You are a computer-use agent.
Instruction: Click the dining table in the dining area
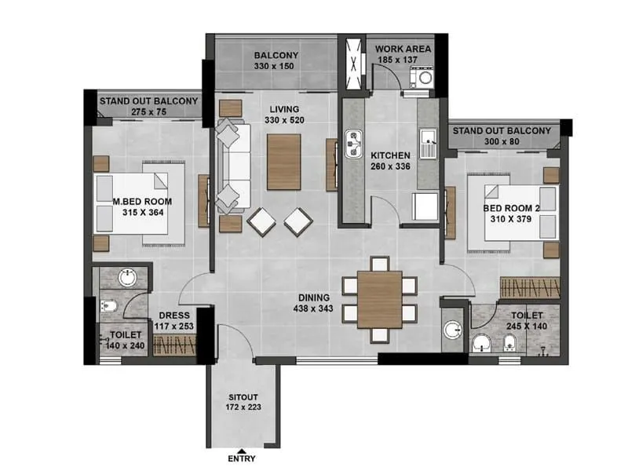pyautogui.click(x=379, y=299)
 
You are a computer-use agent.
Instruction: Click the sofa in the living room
pyautogui.click(x=233, y=165)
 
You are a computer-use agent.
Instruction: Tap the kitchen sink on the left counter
pyautogui.click(x=354, y=144)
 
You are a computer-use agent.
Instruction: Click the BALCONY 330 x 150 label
pyautogui.click(x=276, y=61)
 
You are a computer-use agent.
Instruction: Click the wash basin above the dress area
pyautogui.click(x=126, y=278)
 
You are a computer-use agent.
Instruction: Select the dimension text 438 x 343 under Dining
pyautogui.click(x=316, y=309)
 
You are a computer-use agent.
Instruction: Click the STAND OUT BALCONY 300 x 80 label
pyautogui.click(x=502, y=137)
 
